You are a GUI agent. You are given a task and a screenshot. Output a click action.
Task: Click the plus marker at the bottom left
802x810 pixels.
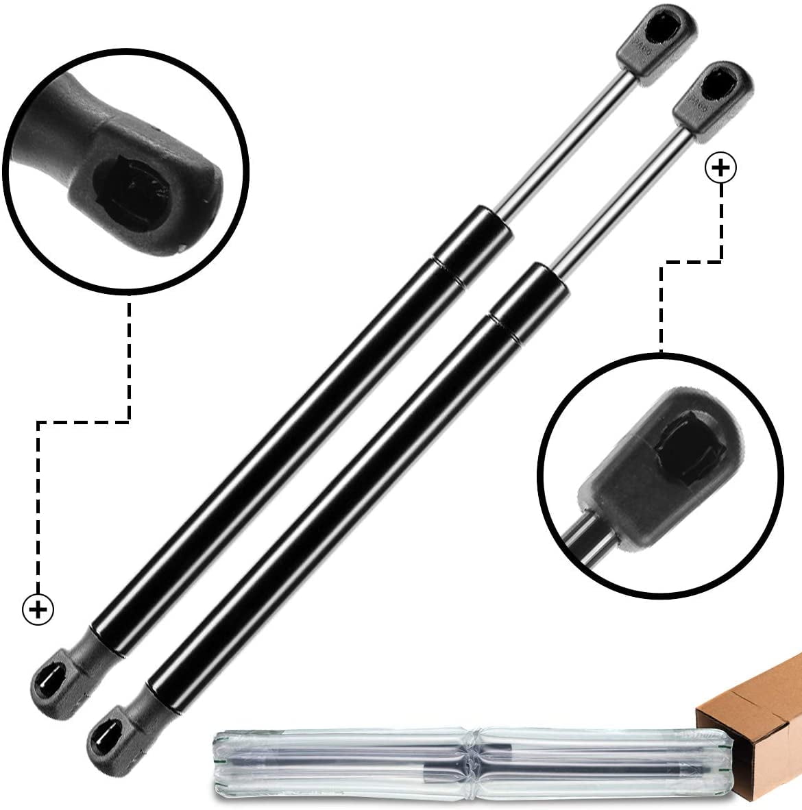(38, 608)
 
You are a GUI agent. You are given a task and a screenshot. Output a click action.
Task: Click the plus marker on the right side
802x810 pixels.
(720, 168)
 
